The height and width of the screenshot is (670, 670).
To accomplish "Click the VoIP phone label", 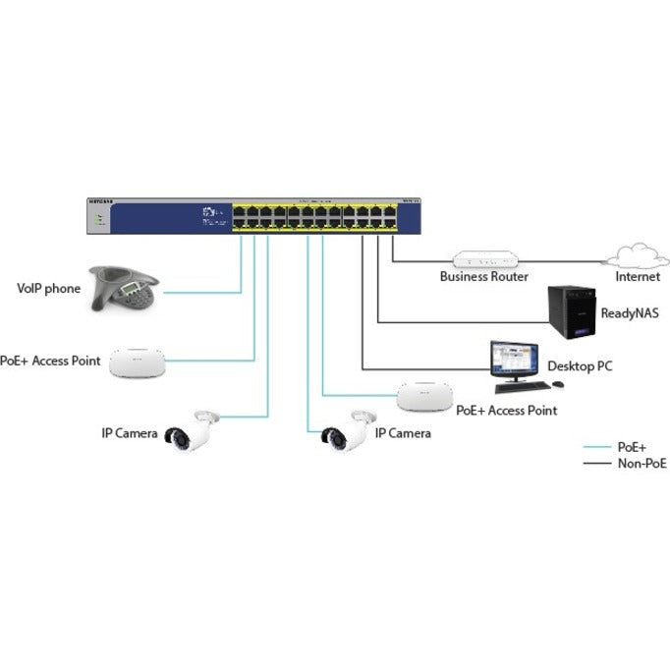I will click(x=49, y=289).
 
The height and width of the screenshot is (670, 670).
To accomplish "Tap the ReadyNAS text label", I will click(x=628, y=313).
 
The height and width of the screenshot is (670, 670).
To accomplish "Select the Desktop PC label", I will click(x=580, y=366).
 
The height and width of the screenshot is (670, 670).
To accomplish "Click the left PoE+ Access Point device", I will click(x=135, y=363).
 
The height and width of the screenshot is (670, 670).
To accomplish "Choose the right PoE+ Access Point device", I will click(x=424, y=396).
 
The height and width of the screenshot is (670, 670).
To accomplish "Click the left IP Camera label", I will click(x=130, y=432).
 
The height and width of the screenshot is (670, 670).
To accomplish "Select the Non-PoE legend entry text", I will click(x=640, y=462).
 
